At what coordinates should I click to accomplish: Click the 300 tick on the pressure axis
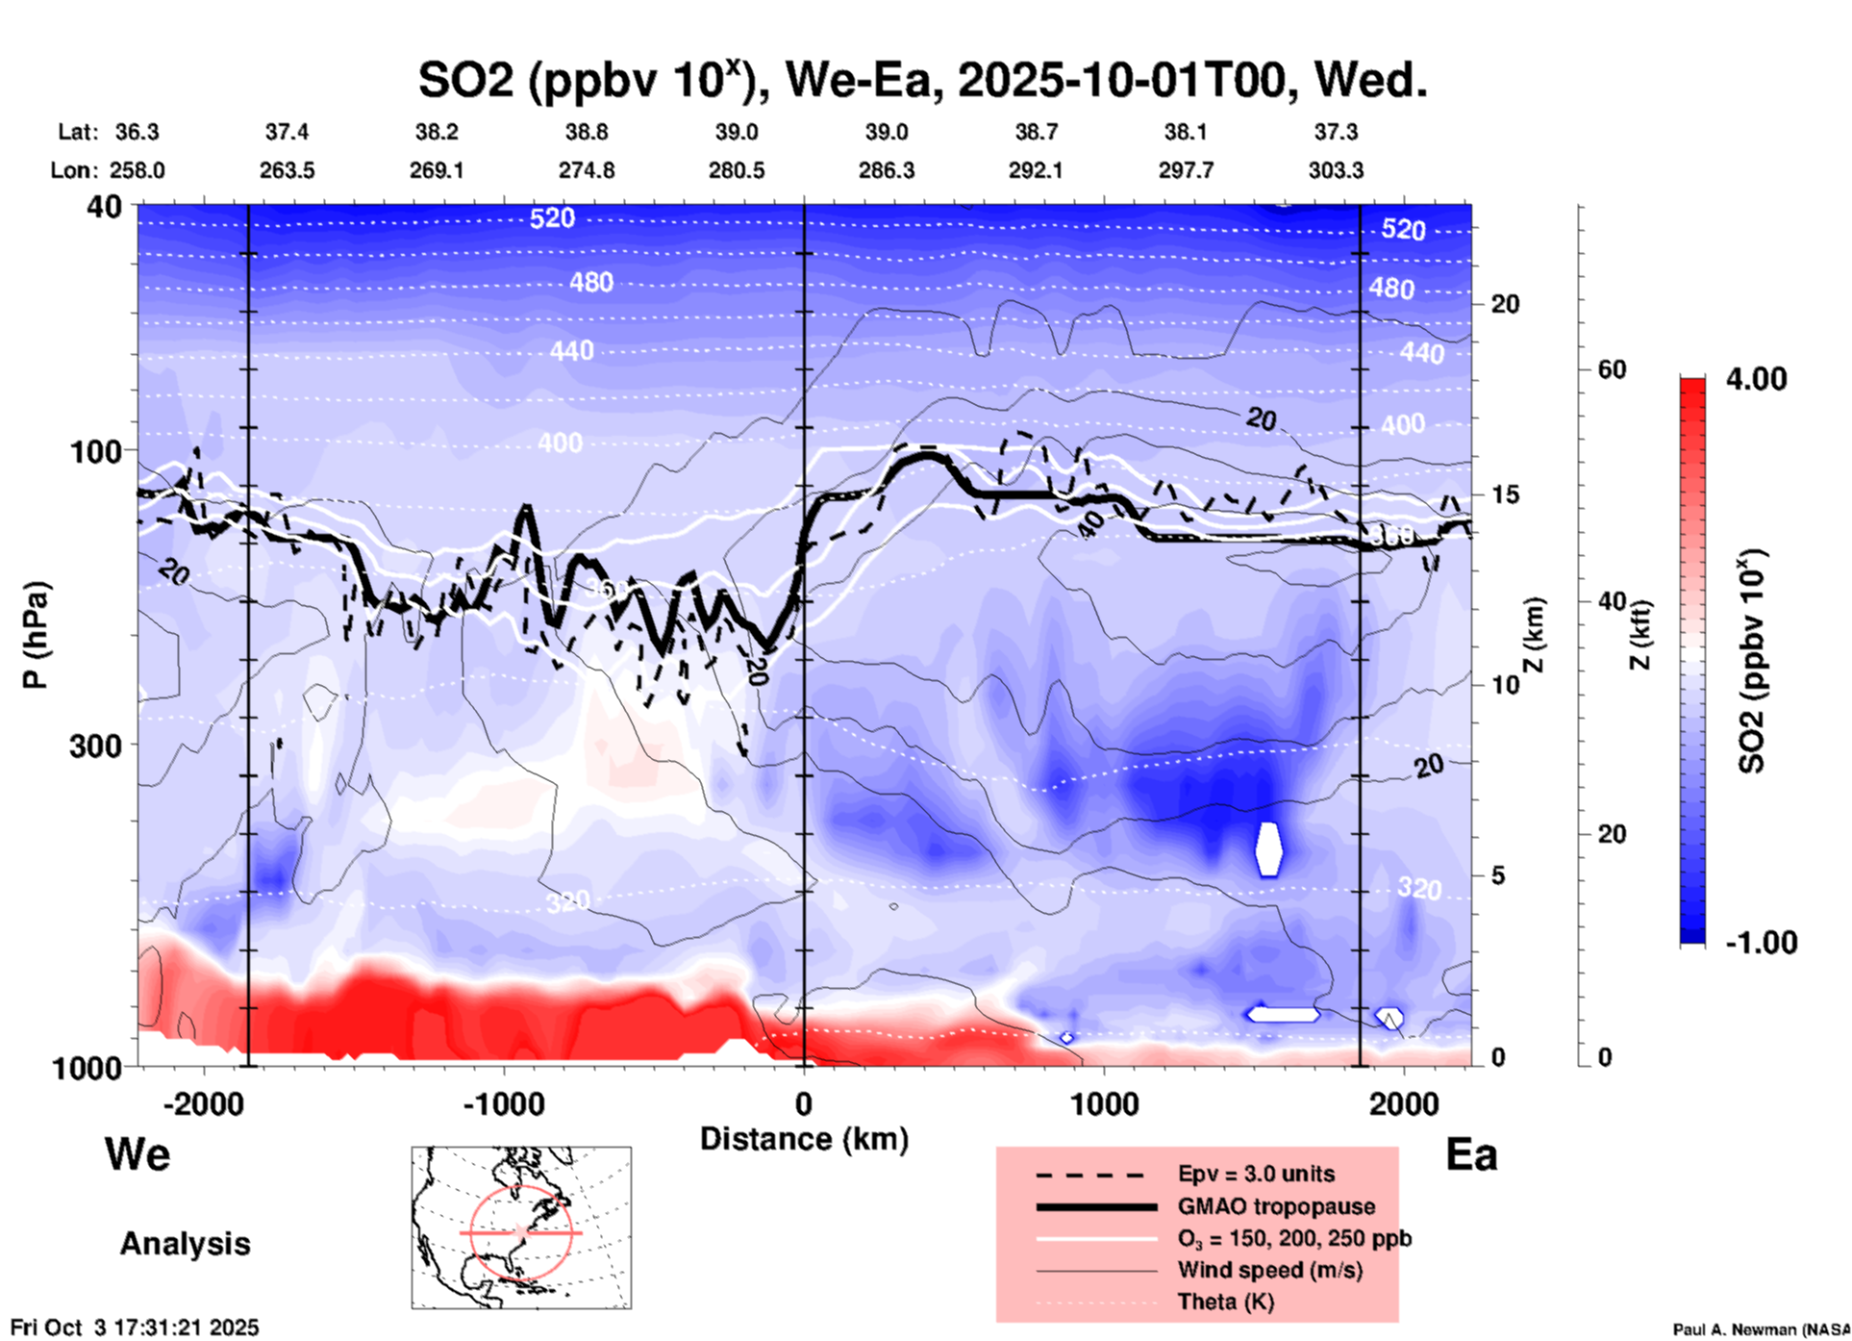95,745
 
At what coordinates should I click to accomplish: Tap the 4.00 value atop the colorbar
1756,379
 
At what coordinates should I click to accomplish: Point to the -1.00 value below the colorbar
1761,942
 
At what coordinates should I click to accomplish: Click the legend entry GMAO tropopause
1276,1206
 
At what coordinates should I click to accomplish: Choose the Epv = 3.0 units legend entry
1256,1174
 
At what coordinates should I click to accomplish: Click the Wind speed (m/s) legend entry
1269,1270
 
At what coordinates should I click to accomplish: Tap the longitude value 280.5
737,170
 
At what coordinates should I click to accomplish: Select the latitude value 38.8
587,132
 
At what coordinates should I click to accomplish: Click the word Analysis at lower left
185,1244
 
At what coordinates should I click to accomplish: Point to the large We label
138,1153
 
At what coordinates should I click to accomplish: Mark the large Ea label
1471,1154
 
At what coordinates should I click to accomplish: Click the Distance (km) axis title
804,1139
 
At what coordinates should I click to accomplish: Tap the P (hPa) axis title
36,635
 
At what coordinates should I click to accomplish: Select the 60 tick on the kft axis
1611,369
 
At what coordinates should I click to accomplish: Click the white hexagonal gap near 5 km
1269,848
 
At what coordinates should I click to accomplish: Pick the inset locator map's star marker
520,1232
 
